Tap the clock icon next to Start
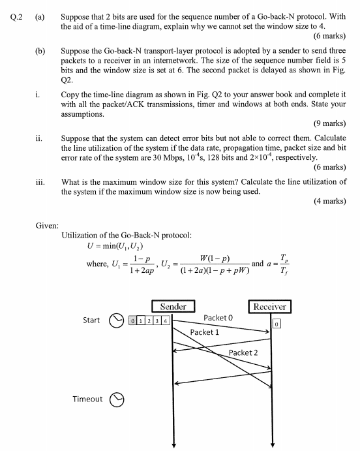pyautogui.click(x=116, y=320)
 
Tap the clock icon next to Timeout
pyautogui.click(x=117, y=399)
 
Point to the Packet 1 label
pyautogui.click(x=204, y=332)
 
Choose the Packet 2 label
pyautogui.click(x=243, y=352)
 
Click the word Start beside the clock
pyautogui.click(x=91, y=320)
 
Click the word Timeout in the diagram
pyautogui.click(x=87, y=398)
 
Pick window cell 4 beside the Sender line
pyautogui.click(x=166, y=321)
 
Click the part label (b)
pyautogui.click(x=40, y=50)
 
